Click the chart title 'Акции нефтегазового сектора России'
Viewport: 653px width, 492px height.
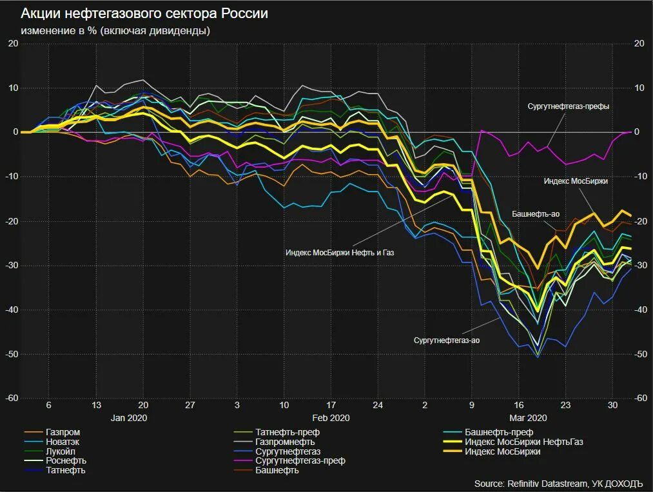(144, 14)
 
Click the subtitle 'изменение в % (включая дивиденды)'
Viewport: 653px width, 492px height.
(115, 30)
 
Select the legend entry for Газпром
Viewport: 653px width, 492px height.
(63, 432)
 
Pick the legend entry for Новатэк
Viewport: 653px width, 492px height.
(63, 442)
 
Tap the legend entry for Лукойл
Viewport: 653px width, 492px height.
(62, 451)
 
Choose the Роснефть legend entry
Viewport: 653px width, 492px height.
(66, 461)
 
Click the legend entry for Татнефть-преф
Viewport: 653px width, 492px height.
(288, 432)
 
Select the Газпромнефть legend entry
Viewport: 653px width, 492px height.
(285, 442)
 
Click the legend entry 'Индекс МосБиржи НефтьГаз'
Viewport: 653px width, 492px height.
(523, 442)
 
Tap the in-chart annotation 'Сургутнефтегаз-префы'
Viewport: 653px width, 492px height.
(568, 106)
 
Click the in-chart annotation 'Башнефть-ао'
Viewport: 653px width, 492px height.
(535, 213)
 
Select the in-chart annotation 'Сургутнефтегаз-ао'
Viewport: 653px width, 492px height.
(447, 340)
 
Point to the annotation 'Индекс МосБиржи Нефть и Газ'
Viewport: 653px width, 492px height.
(339, 253)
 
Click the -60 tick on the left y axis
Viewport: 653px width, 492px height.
(12, 399)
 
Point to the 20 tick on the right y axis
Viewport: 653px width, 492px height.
(639, 43)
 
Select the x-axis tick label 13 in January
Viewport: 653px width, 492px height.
(95, 405)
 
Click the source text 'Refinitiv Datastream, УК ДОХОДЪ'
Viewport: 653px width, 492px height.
(558, 484)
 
